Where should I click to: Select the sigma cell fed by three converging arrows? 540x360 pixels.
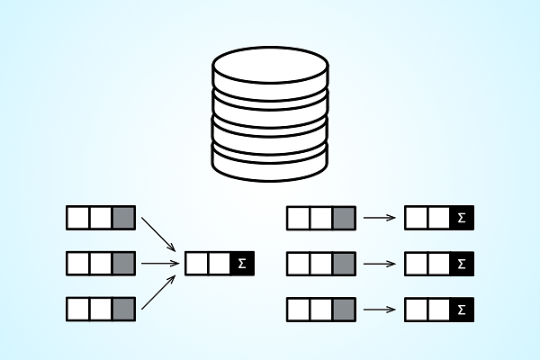(x=241, y=264)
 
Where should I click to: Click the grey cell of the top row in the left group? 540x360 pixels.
(x=123, y=218)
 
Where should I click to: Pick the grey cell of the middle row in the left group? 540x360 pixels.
(x=123, y=264)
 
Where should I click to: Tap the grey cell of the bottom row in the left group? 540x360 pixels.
(x=123, y=310)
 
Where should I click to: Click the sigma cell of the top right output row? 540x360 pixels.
(x=462, y=218)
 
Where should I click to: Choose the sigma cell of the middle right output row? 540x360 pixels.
(x=462, y=264)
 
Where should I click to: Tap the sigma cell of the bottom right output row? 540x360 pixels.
(x=462, y=310)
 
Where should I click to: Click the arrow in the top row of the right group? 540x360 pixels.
(x=380, y=218)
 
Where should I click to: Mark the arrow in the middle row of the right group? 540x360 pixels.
(x=380, y=264)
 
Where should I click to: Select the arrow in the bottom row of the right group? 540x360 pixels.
(x=380, y=310)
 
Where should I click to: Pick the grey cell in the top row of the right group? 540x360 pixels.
(x=343, y=218)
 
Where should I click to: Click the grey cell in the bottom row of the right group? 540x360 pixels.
(x=343, y=310)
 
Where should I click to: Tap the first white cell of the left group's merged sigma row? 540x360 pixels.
(x=197, y=264)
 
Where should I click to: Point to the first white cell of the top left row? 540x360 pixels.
(x=78, y=218)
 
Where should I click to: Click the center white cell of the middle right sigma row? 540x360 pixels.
(x=439, y=264)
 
